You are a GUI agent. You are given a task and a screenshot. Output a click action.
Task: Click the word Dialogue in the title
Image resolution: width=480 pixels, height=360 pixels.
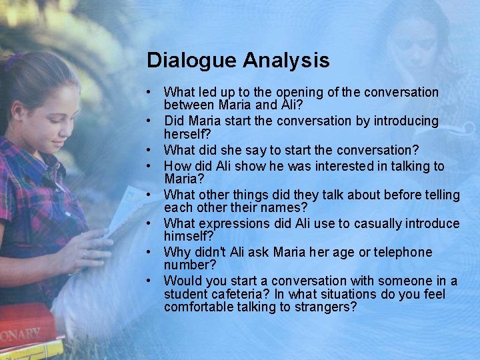[x=191, y=61]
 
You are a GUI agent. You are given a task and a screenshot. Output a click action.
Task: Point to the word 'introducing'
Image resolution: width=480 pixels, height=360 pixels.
[x=403, y=121]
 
